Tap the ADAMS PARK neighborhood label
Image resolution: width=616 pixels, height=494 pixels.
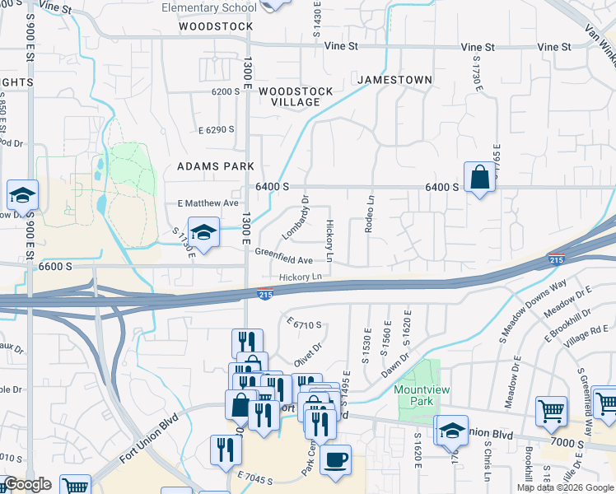click(216, 166)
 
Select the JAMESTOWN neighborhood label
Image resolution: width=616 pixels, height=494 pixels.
click(394, 80)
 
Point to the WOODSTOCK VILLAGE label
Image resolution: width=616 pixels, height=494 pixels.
click(296, 96)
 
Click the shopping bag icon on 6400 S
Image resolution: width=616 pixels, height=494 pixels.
click(479, 177)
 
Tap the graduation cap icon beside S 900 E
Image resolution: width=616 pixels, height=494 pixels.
click(23, 196)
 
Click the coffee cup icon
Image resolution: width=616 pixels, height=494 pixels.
click(335, 460)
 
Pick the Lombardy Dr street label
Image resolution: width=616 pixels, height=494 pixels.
click(294, 218)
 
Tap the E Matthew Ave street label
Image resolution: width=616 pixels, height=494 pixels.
click(208, 203)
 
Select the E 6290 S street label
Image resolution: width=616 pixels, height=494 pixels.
click(216, 129)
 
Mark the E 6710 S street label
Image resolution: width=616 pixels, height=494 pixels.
click(304, 324)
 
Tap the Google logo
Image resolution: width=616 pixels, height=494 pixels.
click(27, 484)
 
